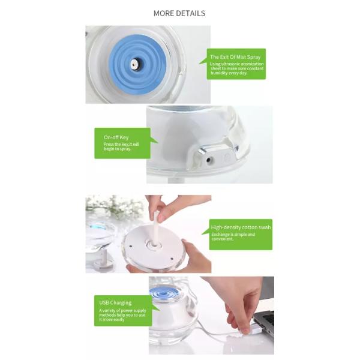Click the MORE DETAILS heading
click(179, 13)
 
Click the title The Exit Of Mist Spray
click(235, 57)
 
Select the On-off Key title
click(116, 137)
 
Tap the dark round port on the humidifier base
click(209, 160)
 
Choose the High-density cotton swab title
click(240, 228)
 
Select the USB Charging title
click(115, 302)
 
